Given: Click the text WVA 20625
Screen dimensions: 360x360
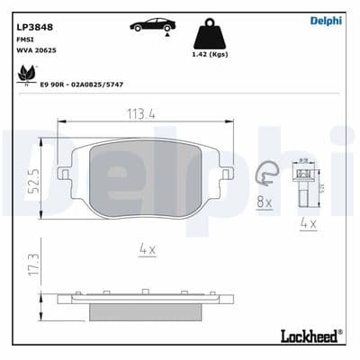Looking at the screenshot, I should coord(35,52).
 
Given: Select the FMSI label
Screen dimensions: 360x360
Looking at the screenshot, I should coord(24,40).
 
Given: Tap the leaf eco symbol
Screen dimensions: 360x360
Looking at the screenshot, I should coord(19,77).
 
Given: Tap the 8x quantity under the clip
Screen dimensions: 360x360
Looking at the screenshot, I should coord(264,202).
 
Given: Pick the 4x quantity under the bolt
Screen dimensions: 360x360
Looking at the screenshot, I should coord(308,222).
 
